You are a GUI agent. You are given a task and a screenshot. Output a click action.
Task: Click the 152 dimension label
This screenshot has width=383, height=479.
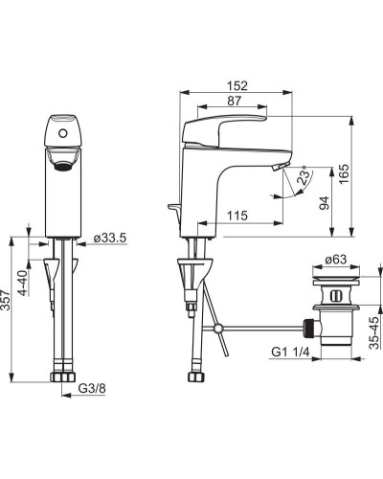[237, 85]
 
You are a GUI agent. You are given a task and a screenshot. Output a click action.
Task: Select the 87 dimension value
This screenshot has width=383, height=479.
[234, 101]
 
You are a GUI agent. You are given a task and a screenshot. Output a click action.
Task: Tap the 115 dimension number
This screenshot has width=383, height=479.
[237, 216]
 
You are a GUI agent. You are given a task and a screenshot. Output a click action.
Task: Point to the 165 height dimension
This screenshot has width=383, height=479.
[344, 173]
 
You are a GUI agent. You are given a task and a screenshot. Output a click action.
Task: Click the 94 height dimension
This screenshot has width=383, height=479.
[324, 203]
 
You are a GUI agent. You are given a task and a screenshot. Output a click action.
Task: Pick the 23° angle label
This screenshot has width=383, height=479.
[303, 174]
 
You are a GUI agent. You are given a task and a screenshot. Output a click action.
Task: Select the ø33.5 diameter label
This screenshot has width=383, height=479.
[110, 238]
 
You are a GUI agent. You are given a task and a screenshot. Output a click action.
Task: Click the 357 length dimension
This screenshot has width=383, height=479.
[6, 300]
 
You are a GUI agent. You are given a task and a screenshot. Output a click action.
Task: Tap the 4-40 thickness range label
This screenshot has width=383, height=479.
[23, 283]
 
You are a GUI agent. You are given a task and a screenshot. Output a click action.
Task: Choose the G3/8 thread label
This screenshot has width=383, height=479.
[92, 388]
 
